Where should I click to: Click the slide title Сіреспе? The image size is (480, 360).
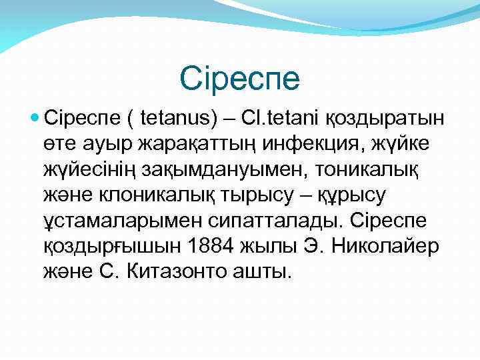pyautogui.click(x=240, y=78)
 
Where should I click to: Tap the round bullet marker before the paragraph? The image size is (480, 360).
pyautogui.click(x=35, y=118)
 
